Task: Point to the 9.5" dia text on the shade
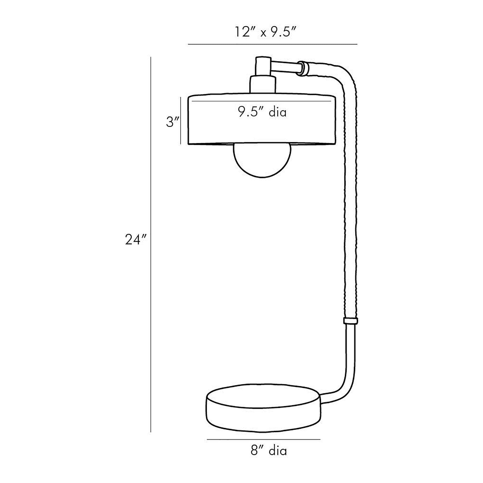pos(262,112)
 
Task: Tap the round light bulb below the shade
pos(262,161)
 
